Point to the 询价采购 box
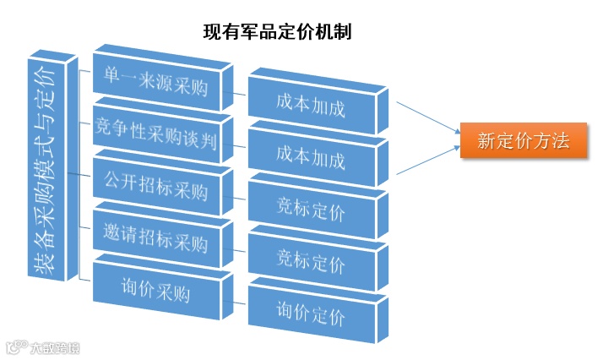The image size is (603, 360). (155, 293)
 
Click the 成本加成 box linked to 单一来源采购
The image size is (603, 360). (311, 108)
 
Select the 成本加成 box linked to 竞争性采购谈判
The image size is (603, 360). (311, 159)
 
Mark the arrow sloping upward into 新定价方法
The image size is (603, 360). (426, 161)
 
